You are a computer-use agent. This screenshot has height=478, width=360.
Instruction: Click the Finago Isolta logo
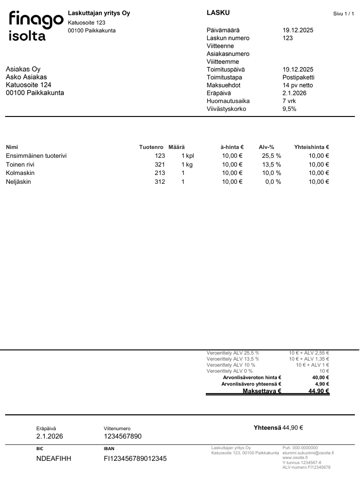35,26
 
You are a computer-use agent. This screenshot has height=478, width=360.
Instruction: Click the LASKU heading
218,13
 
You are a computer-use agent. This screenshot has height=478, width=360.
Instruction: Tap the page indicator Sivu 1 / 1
343,14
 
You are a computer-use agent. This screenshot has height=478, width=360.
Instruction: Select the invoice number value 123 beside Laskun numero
288,38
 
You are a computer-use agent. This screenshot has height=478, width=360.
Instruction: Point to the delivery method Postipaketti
298,78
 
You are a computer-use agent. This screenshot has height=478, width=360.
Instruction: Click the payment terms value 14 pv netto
298,85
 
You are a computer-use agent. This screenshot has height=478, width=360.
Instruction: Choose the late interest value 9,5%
289,109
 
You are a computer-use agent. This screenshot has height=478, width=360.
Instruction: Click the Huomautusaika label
228,101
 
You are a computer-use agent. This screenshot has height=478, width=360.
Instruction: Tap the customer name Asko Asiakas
26,77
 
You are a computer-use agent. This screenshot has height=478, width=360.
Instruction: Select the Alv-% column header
267,147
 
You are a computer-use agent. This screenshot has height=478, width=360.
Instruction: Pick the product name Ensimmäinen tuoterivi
36,156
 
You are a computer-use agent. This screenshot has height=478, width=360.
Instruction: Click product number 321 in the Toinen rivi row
160,165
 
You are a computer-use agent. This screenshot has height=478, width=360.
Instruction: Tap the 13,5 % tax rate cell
271,165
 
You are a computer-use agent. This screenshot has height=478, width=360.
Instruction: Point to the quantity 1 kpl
188,156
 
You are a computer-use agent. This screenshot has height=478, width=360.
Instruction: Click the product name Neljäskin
19,182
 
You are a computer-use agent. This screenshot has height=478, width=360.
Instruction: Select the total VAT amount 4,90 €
321,384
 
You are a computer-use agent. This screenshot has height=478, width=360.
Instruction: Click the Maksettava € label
262,391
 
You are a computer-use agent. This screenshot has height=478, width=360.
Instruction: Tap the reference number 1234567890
123,436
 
